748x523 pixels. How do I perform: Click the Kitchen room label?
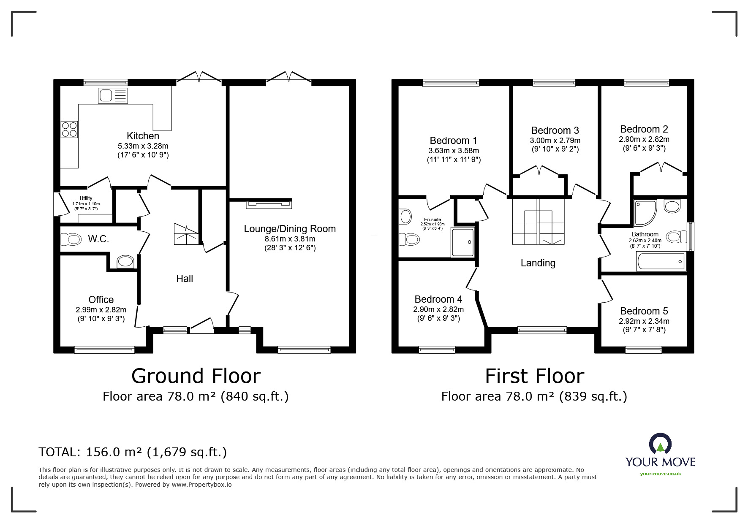143,136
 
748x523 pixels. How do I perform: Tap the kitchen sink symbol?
113,95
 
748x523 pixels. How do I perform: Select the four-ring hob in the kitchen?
69,129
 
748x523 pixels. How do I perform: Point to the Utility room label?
86,198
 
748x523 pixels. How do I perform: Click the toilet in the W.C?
71,240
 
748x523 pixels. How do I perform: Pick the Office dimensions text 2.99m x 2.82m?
101,310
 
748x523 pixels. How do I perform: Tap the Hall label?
185,279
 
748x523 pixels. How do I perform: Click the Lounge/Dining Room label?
290,229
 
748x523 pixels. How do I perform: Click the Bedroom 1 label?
454,141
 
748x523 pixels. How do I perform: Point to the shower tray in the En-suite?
463,242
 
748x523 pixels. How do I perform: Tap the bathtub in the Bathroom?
661,262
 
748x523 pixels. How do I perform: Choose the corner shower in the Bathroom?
645,213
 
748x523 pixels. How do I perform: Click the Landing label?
538,263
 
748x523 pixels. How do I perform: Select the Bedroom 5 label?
644,311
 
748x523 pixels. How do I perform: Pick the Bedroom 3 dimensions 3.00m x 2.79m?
555,141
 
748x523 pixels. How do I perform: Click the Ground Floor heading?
196,376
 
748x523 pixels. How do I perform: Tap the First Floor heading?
534,376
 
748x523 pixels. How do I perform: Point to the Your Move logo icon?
660,444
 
